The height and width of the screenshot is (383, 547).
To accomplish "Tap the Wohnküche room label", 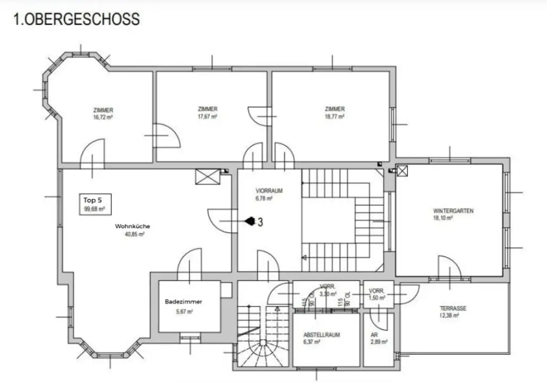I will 132,226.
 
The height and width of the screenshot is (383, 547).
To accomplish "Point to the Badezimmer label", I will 183,301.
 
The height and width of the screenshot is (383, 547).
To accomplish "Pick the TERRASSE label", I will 453,309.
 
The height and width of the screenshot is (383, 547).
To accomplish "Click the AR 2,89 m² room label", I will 378,338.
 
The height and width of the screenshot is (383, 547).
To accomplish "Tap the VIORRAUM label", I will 269,190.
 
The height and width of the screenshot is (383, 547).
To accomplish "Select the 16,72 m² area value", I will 103,117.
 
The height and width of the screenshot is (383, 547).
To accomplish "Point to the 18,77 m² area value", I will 335,116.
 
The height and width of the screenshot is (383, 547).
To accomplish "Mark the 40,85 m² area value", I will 134,234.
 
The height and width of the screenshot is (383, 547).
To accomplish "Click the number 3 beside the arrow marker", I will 260,222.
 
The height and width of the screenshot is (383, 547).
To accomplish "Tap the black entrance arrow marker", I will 249,220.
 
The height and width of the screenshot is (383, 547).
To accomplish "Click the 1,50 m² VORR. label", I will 377,294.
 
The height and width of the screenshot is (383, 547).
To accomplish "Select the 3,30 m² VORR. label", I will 327,290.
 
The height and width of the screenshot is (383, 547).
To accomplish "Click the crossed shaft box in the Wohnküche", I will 208,177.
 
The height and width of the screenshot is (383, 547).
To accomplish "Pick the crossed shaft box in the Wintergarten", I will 402,171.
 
